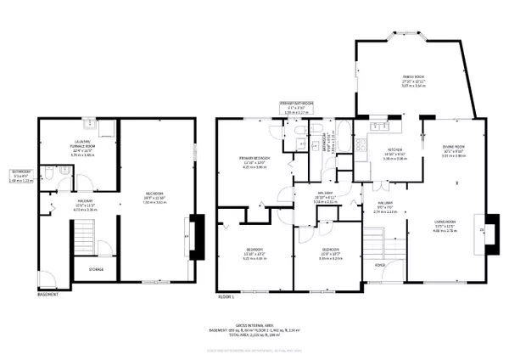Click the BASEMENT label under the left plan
pyautogui.click(x=48, y=295)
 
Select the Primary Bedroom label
pyautogui.click(x=255, y=160)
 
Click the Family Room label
pyautogui.click(x=413, y=81)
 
